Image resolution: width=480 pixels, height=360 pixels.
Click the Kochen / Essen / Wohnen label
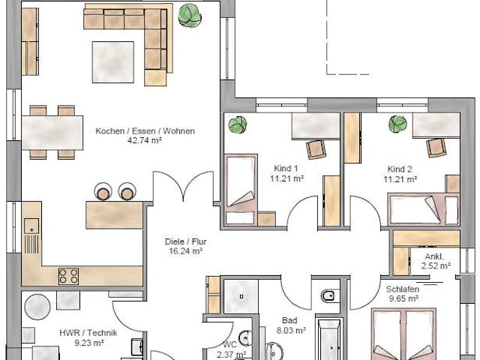tap(145, 131)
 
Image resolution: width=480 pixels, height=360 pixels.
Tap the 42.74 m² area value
tap(145, 140)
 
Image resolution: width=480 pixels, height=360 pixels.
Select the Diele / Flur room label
tap(186, 242)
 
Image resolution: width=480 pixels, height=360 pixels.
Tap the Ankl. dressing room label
tap(435, 256)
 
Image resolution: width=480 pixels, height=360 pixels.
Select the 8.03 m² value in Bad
tap(290, 329)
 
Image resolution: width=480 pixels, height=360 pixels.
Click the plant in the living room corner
tap(189, 14)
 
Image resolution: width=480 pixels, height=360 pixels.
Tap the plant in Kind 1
tap(238, 124)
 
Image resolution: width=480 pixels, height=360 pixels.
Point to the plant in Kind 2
tap(396, 124)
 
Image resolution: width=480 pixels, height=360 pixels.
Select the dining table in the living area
tap(52, 133)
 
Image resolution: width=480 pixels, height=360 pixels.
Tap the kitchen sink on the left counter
tap(31, 224)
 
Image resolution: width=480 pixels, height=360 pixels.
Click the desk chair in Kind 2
tap(436, 148)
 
